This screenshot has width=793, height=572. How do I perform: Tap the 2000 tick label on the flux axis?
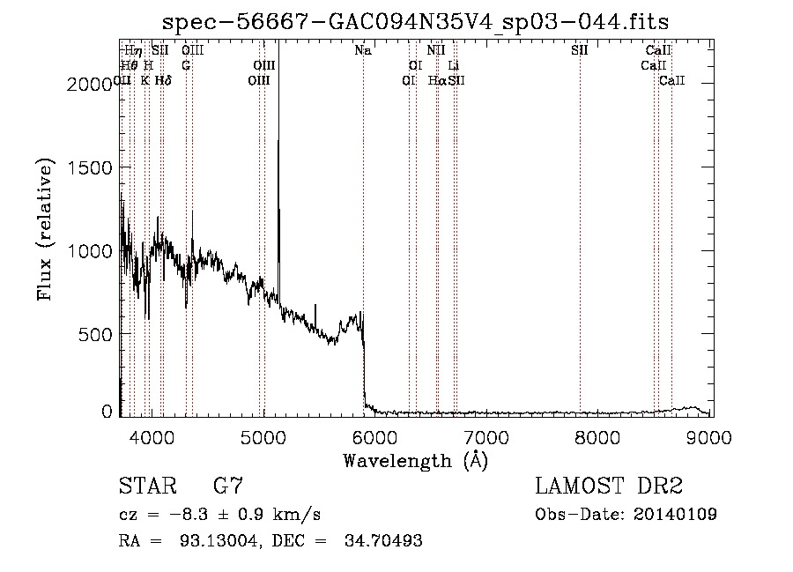[90, 83]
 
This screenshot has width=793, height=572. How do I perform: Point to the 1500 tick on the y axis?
[90, 167]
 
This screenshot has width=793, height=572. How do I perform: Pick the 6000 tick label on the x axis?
[375, 435]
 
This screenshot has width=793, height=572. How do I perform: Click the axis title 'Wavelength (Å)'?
[415, 460]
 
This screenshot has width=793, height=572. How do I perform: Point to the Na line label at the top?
[363, 50]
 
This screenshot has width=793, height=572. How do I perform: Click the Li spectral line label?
[453, 65]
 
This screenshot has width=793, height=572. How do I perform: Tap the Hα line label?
[436, 80]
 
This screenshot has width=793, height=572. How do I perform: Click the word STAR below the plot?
[145, 486]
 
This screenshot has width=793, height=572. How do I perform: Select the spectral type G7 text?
[228, 486]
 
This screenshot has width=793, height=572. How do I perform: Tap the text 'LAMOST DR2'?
[609, 486]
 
